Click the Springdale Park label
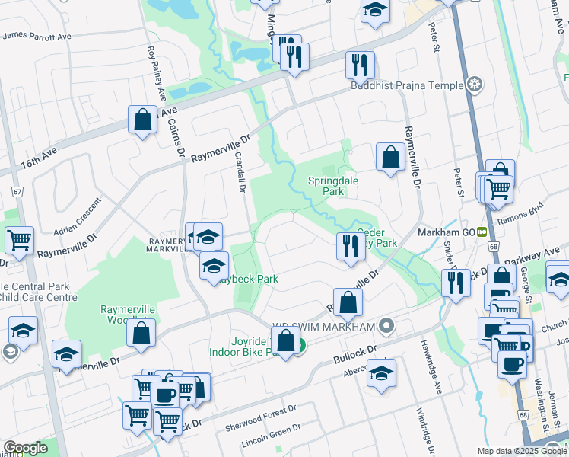tap(332, 187)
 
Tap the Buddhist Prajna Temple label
tap(407, 85)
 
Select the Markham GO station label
tap(446, 232)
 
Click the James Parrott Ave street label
tap(37, 35)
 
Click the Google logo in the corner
tap(25, 448)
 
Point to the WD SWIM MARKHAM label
tap(329, 327)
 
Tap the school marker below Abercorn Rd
tap(382, 374)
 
